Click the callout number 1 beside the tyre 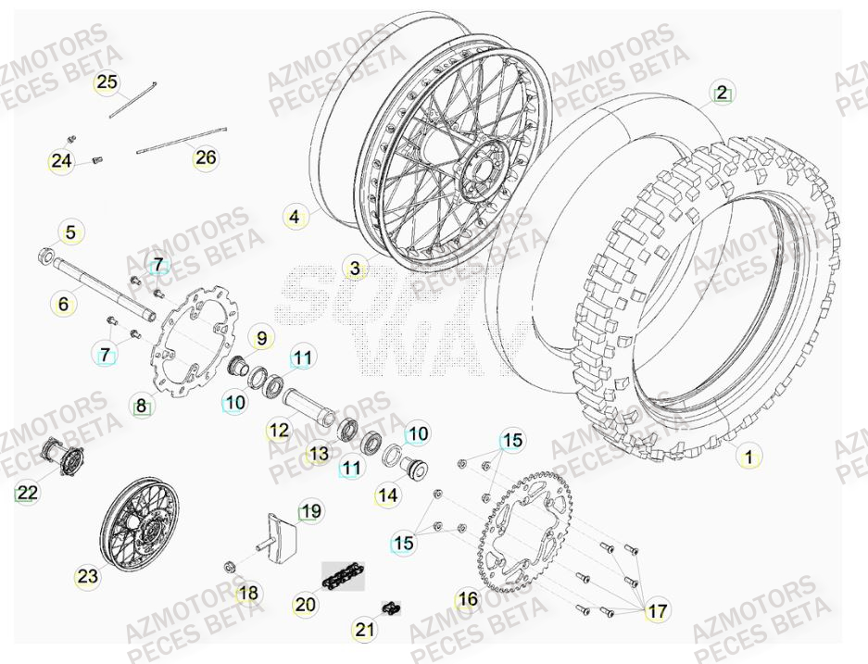(x=748, y=456)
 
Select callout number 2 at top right (x=722, y=93)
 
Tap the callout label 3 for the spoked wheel (x=354, y=269)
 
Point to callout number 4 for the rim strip (x=295, y=219)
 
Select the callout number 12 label (x=278, y=430)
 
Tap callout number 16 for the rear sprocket (x=468, y=599)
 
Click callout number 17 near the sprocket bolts (x=656, y=611)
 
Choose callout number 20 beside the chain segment (x=305, y=605)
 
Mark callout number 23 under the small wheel (x=87, y=576)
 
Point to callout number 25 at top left (x=107, y=83)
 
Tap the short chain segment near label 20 (x=343, y=577)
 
